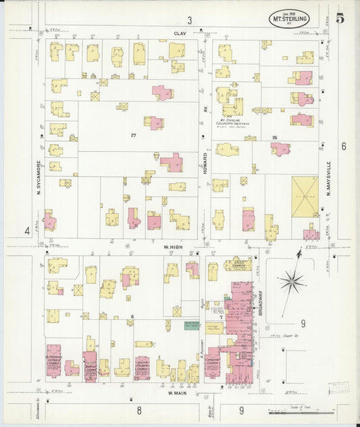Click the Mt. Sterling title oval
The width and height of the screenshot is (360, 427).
290,19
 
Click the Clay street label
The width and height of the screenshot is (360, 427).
179,32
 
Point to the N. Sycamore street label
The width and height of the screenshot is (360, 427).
38,177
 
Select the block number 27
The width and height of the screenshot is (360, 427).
134,135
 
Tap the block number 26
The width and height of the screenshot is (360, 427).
274,137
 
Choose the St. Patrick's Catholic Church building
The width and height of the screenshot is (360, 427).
54,362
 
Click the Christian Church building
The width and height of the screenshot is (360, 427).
213,363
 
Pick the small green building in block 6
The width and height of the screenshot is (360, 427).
192,326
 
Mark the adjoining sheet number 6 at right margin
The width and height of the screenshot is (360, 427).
343,146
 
